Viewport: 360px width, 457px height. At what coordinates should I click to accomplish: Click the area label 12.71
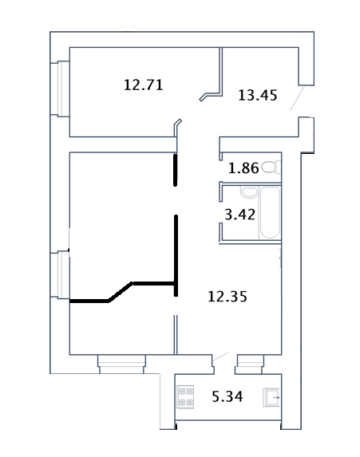tap(143, 85)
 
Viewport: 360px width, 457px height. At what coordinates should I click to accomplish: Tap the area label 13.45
tap(258, 95)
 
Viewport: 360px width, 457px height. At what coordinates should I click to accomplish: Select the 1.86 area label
tap(243, 168)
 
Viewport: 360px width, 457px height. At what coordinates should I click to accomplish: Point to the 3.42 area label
tap(239, 215)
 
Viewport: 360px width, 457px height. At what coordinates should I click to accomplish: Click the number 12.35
tap(227, 297)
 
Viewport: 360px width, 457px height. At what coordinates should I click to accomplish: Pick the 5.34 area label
tap(227, 396)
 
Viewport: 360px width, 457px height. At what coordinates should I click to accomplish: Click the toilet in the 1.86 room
tap(271, 167)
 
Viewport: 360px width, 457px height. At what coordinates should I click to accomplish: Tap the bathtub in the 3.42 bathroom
tap(270, 213)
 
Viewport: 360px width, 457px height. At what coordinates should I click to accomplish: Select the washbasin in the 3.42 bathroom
tap(249, 192)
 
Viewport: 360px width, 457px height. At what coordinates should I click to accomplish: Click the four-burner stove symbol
tap(185, 396)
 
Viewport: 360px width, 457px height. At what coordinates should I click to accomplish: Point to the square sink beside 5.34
tap(271, 397)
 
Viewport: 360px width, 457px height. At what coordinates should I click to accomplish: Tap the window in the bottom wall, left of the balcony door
tap(121, 364)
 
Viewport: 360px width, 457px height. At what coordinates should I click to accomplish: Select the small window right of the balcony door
tap(250, 364)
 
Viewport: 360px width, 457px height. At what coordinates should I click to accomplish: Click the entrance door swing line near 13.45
tap(297, 98)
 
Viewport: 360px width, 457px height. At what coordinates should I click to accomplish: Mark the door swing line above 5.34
tap(220, 357)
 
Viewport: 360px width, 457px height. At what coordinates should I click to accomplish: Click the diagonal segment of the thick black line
tap(121, 291)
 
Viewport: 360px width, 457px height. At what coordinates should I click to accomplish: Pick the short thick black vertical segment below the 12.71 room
tap(176, 170)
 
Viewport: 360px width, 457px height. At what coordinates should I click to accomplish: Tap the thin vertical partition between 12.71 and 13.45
tap(221, 71)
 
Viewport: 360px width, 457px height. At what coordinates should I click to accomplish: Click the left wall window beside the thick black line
tap(64, 274)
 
